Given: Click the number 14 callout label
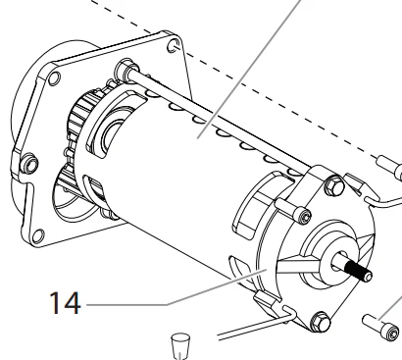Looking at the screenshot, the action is coord(65,303).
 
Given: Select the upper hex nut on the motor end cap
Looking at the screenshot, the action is coord(334,185).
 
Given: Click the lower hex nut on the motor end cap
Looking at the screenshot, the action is coord(320,322).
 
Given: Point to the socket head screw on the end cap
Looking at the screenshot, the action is coord(293,210).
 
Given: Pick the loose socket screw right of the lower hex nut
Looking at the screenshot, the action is coord(381,328).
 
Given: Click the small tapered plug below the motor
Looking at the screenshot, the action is coord(180,345).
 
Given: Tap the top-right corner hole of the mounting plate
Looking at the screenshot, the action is coord(174,45).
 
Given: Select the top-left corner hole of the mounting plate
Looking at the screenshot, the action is coord(54,78).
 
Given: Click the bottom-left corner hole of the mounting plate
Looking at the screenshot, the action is coord(38,236).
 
